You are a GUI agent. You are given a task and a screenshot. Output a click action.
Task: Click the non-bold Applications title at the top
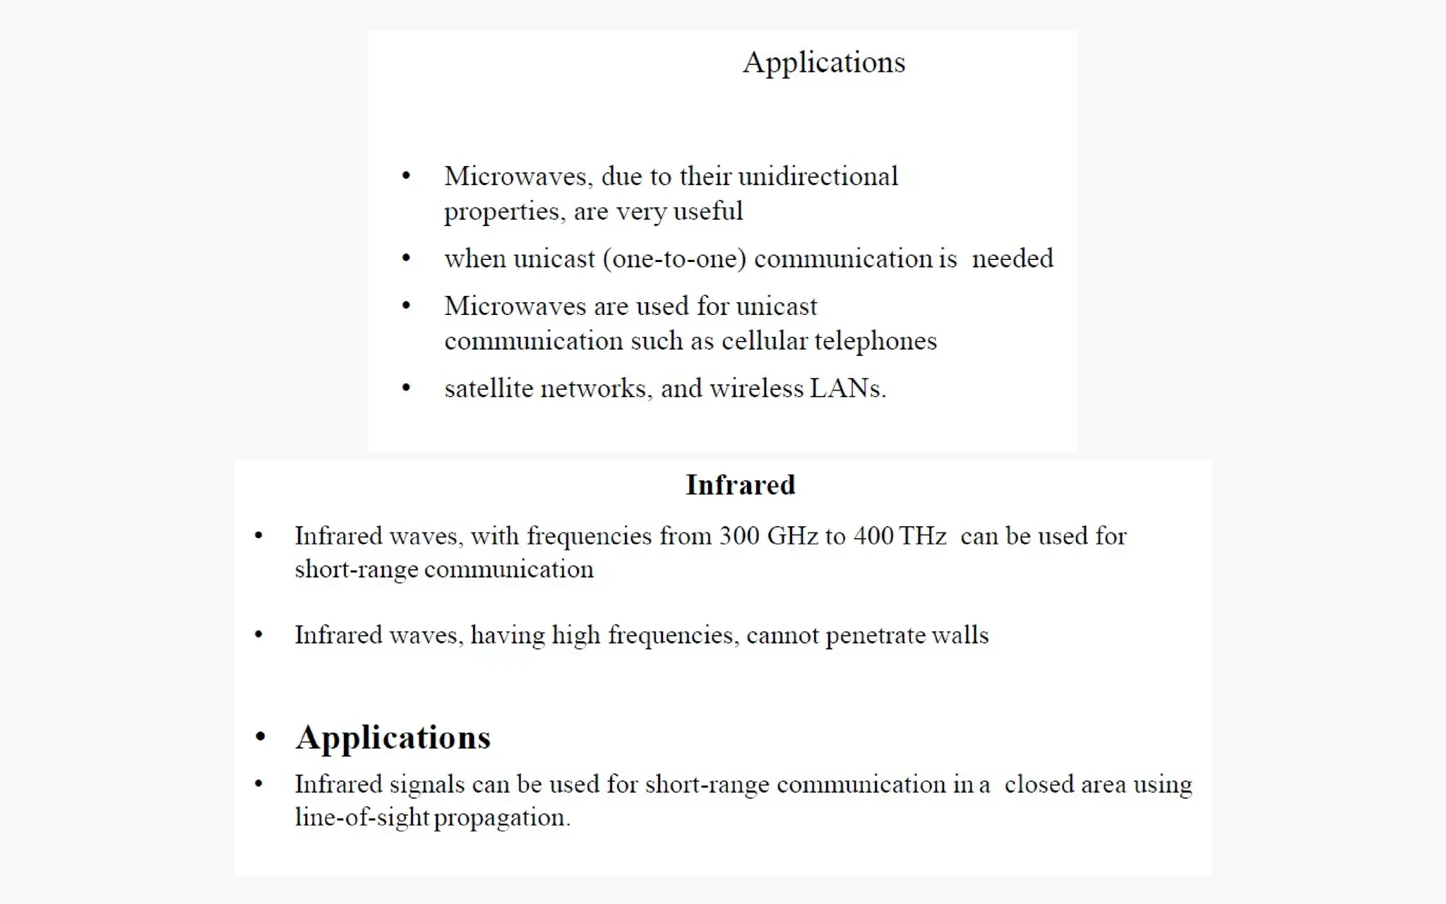[x=823, y=63]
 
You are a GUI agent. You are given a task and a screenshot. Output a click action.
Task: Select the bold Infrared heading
[x=740, y=485]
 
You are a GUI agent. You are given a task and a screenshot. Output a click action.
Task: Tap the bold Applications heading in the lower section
[x=393, y=738]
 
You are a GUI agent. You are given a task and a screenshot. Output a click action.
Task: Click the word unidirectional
[x=818, y=177]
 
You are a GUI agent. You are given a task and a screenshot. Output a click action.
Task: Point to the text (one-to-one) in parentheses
[x=674, y=259]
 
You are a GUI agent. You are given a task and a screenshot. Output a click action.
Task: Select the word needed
[x=1012, y=258]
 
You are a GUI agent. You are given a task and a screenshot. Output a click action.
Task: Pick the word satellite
[x=489, y=388]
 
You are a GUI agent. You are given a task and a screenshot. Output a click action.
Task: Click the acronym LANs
[x=846, y=388]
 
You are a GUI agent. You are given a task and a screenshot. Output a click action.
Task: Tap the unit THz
[x=922, y=536]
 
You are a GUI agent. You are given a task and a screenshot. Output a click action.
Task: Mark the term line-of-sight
[x=361, y=817]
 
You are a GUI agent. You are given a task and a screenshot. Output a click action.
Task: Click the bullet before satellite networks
[x=406, y=388]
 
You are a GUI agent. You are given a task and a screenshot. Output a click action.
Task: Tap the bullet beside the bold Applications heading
[x=261, y=737]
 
